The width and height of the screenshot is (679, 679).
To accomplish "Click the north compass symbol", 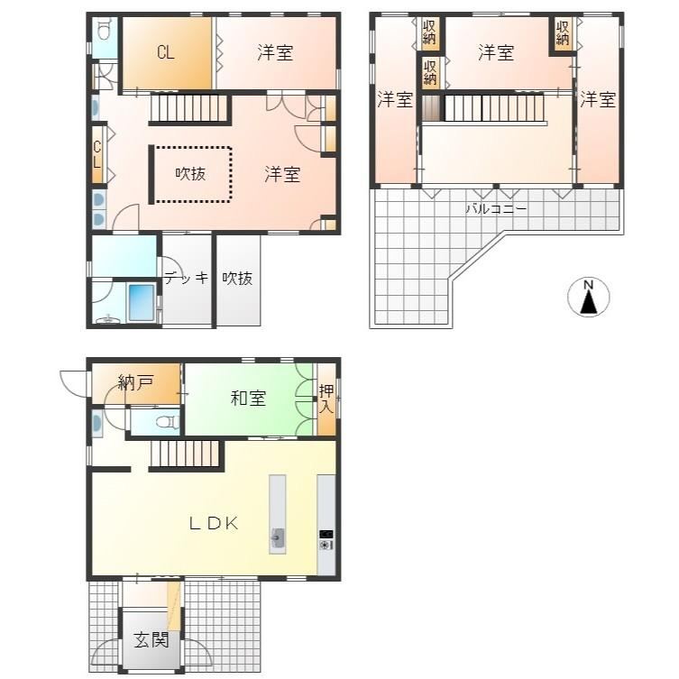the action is [x=589, y=297].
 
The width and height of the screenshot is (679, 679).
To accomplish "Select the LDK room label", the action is [x=214, y=524].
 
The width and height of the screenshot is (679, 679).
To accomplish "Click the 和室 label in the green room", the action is [x=248, y=398].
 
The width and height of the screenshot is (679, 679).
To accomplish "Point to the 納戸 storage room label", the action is [x=135, y=382].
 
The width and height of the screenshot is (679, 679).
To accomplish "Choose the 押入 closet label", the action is [x=326, y=399].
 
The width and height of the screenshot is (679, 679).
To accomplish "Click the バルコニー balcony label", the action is [x=496, y=209].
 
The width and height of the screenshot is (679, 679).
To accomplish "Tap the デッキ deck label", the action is [x=186, y=278].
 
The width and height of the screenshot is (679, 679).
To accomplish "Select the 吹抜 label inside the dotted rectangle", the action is [x=190, y=174].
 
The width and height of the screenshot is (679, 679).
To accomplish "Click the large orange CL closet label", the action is [x=166, y=52].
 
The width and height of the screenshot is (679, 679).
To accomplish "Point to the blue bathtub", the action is [x=142, y=302].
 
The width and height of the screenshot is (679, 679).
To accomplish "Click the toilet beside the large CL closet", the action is [x=103, y=30].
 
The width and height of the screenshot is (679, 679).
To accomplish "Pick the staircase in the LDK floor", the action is [x=185, y=454].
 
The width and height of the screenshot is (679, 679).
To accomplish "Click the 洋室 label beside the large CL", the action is [x=275, y=53].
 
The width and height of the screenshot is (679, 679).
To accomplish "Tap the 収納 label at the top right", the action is [x=563, y=32].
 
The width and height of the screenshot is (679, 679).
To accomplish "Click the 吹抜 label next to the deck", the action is [x=238, y=278].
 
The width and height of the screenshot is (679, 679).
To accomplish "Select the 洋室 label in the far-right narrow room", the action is [x=598, y=99].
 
